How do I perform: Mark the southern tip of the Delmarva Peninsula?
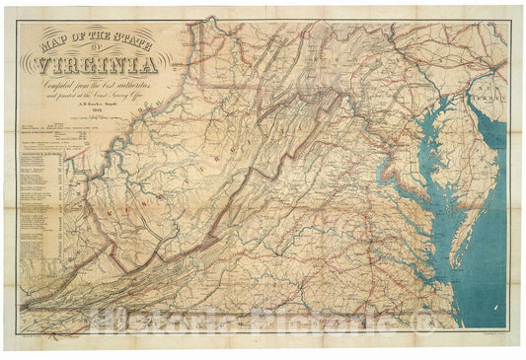click(x=459, y=266)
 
